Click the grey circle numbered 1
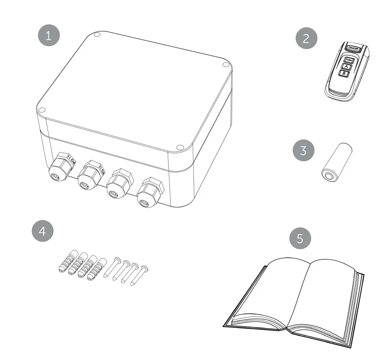pyautogui.click(x=48, y=36)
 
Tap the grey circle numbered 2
pyautogui.click(x=306, y=39)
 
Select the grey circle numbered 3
pyautogui.click(x=303, y=151)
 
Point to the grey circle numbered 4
pyautogui.click(x=42, y=231)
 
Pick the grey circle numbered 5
pyautogui.click(x=300, y=239)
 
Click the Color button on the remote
pyautogui.click(x=348, y=60)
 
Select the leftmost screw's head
pyautogui.click(x=117, y=259)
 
